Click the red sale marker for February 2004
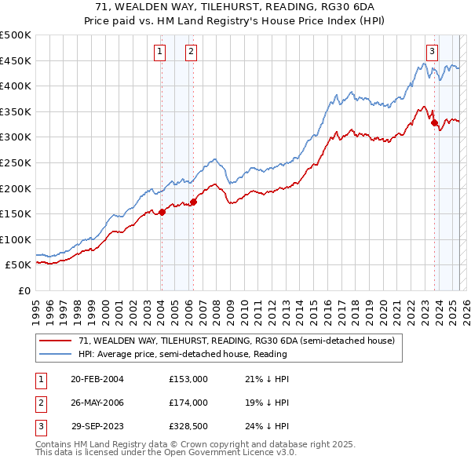(162, 212)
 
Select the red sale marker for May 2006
(193, 202)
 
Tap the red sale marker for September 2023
(434, 122)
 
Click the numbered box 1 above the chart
(160, 52)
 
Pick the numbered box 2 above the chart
(191, 52)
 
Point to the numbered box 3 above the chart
(432, 52)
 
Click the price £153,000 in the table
(188, 379)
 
